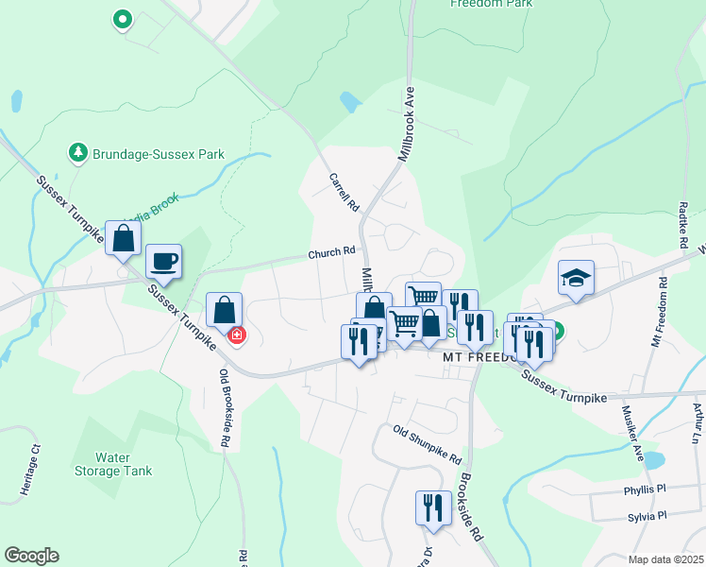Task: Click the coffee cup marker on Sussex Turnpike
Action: tap(163, 262)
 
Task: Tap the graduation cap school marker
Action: tap(576, 278)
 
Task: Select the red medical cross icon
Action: tap(237, 335)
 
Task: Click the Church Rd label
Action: tap(334, 253)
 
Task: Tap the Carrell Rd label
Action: tap(345, 192)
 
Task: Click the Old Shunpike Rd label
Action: tap(428, 445)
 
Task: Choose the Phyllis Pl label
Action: tap(645, 490)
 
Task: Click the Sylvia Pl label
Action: tap(647, 517)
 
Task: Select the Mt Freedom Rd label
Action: tap(660, 313)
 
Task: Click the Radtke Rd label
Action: tap(683, 215)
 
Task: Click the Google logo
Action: tap(31, 556)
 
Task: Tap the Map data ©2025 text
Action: tap(665, 559)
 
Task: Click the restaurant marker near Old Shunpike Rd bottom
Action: tap(429, 506)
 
